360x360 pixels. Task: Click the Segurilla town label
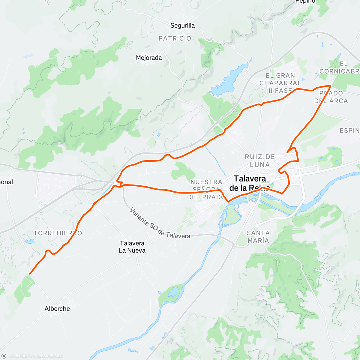[182, 25]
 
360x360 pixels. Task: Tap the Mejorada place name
[149, 58]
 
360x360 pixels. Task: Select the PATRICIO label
[175, 38]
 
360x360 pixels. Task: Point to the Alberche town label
[57, 309]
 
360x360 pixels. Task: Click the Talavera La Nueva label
[132, 247]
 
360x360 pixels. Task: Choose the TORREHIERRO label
[58, 233]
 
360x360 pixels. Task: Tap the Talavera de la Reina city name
[250, 183]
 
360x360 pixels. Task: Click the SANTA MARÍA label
[258, 237]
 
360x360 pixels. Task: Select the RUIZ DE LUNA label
[260, 160]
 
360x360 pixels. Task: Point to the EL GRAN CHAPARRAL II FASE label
[280, 83]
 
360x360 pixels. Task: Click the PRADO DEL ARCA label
[331, 97]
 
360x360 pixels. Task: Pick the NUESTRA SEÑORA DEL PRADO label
[206, 190]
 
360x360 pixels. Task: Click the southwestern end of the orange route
[29, 274]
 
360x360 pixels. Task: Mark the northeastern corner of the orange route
[330, 86]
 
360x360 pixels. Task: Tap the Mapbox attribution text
[19, 356]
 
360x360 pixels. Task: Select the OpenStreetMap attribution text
[48, 356]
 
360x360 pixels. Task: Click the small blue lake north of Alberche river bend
[173, 291]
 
